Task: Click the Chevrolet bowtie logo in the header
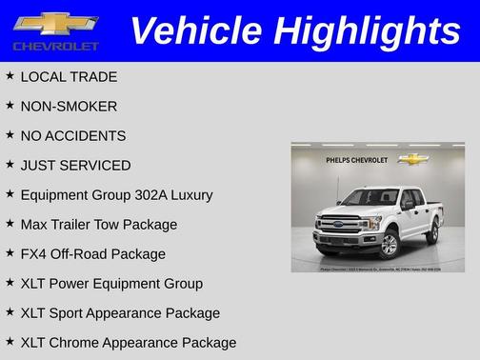(55, 23)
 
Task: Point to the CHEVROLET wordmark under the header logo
(55, 46)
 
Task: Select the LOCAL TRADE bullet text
(69, 76)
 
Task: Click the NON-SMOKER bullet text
(69, 106)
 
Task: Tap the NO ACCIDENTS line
(72, 135)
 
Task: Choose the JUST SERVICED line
(75, 165)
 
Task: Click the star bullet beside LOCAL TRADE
(10, 75)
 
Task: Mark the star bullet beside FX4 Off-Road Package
(10, 252)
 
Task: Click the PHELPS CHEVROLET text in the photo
(356, 160)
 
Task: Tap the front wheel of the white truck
(389, 244)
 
